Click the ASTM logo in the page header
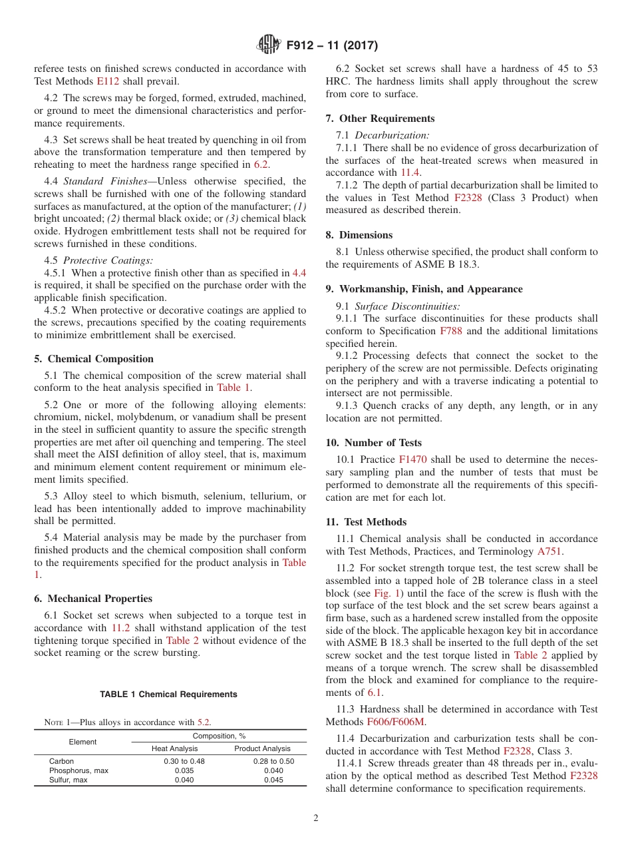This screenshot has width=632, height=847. click(x=269, y=45)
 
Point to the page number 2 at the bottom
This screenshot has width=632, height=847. click(x=316, y=818)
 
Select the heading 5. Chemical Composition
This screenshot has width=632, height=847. click(x=94, y=359)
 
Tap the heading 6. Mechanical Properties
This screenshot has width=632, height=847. click(x=93, y=599)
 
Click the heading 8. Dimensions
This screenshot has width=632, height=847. click(x=359, y=235)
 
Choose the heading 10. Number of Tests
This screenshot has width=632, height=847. click(x=373, y=443)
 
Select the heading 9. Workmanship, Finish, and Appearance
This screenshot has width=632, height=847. click(x=424, y=289)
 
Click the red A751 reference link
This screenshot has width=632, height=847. click(x=550, y=551)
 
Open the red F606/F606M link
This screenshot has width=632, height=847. click(x=396, y=722)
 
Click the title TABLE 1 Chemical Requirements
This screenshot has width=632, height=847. click(x=168, y=695)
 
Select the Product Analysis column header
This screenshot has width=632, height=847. click(x=263, y=749)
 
